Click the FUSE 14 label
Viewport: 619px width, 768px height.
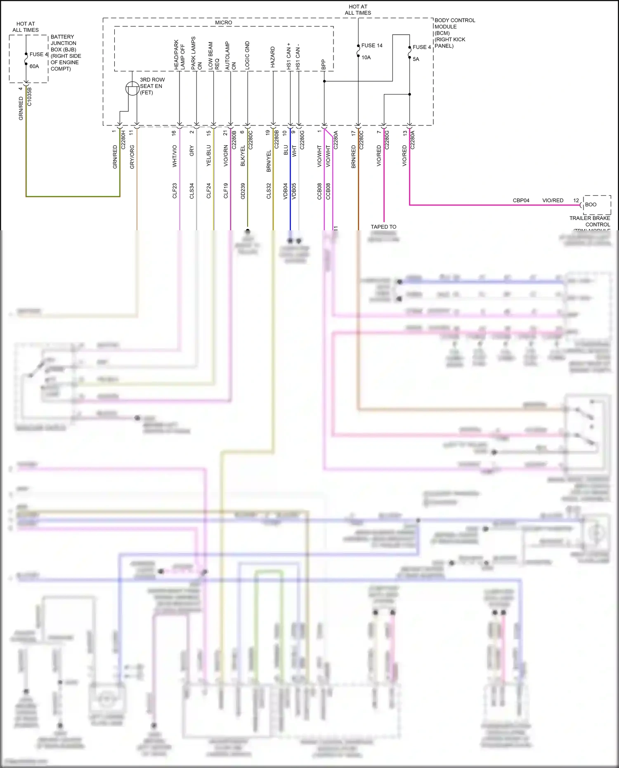coord(371,45)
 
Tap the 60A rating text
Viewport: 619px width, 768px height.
coord(34,66)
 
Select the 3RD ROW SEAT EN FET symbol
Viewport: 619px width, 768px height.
coord(132,88)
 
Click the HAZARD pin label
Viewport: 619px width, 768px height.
coord(273,57)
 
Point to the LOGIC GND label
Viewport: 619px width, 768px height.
coord(247,55)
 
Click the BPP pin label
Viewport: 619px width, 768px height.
coord(324,64)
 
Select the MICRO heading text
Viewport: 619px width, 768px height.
coord(223,23)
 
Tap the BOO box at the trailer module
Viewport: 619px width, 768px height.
coord(591,204)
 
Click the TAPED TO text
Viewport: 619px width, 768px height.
coord(383,227)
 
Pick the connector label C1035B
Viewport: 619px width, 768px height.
coord(29,97)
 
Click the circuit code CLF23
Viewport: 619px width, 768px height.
coord(175,191)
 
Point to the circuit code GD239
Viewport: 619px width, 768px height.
coord(243,191)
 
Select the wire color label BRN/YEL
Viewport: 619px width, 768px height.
coord(269,161)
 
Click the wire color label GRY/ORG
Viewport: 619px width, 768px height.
coord(132,156)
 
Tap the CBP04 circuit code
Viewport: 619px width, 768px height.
coord(521,200)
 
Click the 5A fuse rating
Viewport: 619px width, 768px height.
coord(416,59)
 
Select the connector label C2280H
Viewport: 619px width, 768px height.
coord(123,139)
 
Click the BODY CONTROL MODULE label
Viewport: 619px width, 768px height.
coord(454,26)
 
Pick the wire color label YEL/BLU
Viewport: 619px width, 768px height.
coord(209,156)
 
